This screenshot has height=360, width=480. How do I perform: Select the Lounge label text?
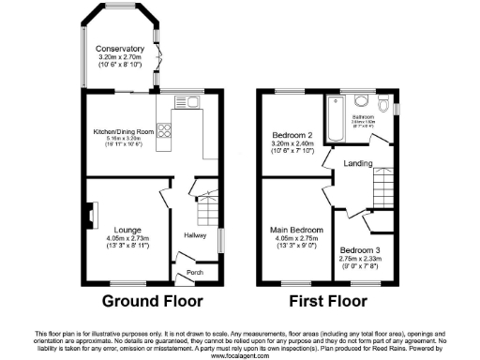coord(127,229)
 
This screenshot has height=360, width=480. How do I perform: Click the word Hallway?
coord(195,234)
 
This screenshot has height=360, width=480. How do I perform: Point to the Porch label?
coord(195,273)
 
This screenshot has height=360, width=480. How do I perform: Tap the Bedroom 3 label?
coord(360,251)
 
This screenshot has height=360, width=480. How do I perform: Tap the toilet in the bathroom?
coord(362,101)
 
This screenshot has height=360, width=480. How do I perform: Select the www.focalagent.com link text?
coord(239,355)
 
